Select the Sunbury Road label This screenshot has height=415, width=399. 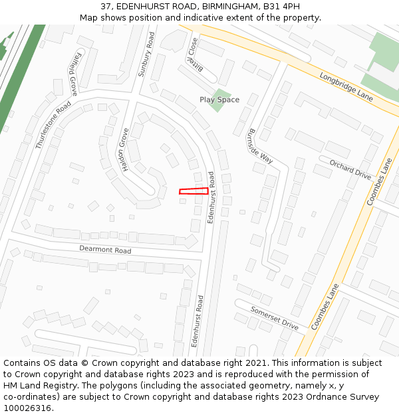coord(146,54)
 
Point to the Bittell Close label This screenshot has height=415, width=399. coord(193,55)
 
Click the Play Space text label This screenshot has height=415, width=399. coord(219,100)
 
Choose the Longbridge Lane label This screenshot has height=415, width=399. coord(346,86)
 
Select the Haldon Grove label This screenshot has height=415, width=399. coord(124,149)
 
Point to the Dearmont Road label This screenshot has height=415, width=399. coord(105,250)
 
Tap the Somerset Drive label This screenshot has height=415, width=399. coord(274,318)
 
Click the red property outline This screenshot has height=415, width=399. coord(194,191)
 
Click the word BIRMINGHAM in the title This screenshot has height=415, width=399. coord(226,6)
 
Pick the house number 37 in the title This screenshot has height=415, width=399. coord(106,6)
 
